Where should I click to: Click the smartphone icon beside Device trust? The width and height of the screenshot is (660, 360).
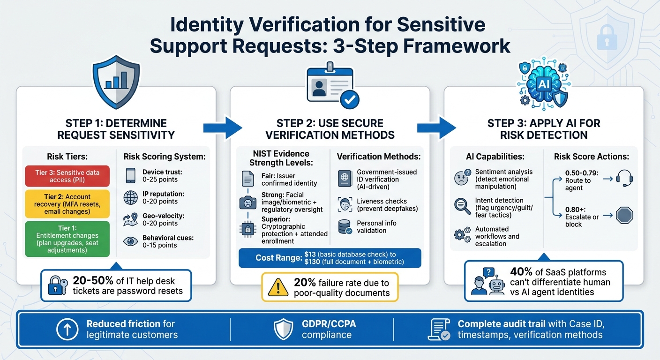click(x=130, y=176)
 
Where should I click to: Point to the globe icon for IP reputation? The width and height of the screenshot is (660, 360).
click(x=130, y=197)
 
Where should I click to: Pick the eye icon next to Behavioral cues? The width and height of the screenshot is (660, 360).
click(x=130, y=241)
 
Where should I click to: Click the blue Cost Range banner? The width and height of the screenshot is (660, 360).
click(x=330, y=258)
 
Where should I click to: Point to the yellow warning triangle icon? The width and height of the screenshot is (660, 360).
click(x=278, y=287)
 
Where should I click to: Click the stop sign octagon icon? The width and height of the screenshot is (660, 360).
click(x=624, y=216)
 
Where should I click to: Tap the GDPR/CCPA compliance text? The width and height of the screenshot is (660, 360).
click(x=327, y=330)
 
